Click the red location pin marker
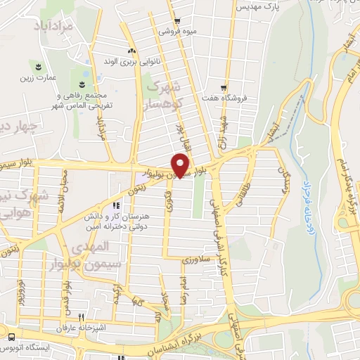(181, 165)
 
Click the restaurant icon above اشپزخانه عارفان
(82, 318)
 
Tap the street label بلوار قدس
(68, 296)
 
